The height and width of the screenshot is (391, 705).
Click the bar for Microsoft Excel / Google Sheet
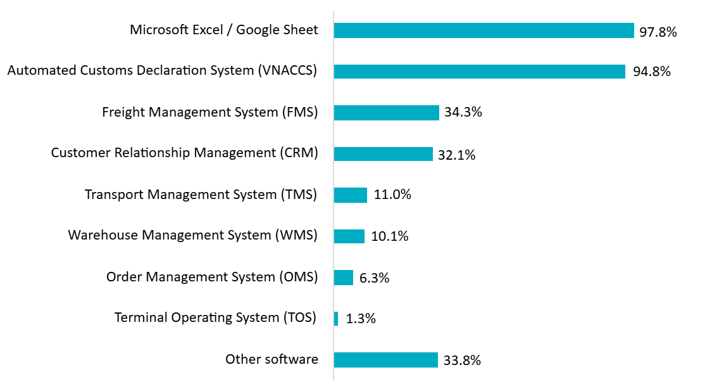(x=484, y=30)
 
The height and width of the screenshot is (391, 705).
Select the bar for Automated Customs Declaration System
(x=479, y=72)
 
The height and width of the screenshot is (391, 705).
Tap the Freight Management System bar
(x=386, y=113)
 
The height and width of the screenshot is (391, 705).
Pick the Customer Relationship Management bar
(x=383, y=154)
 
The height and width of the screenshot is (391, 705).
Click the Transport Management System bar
(x=350, y=195)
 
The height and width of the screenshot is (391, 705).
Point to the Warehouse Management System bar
(x=349, y=236)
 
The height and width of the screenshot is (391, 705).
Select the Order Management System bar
(x=343, y=278)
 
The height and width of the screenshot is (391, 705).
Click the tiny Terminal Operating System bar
(x=336, y=319)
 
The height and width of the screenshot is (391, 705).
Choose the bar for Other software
(x=385, y=360)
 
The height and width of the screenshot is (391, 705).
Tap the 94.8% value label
(x=651, y=72)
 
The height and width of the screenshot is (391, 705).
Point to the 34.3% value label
(x=463, y=113)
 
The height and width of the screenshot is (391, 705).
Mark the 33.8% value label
(x=462, y=361)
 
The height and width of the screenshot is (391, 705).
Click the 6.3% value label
(x=373, y=278)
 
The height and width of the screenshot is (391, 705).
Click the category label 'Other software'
(x=271, y=360)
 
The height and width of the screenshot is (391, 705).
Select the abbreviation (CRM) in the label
(x=298, y=153)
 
